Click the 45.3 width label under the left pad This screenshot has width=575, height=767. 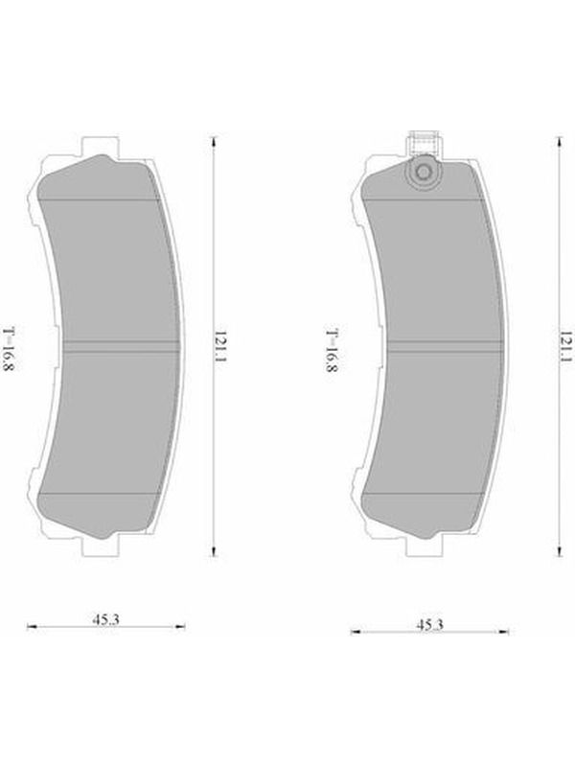tap(106, 619)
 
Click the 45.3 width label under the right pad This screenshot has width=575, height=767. tap(429, 625)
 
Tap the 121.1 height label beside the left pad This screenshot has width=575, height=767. tap(221, 346)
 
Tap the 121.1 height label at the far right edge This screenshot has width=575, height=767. tap(565, 346)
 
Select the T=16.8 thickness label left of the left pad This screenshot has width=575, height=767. tap(10, 349)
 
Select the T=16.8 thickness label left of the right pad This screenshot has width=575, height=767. tap(332, 351)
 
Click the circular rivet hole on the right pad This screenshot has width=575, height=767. tap(424, 172)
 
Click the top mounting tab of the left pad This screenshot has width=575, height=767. tap(101, 146)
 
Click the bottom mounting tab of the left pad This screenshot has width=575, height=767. tap(101, 546)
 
